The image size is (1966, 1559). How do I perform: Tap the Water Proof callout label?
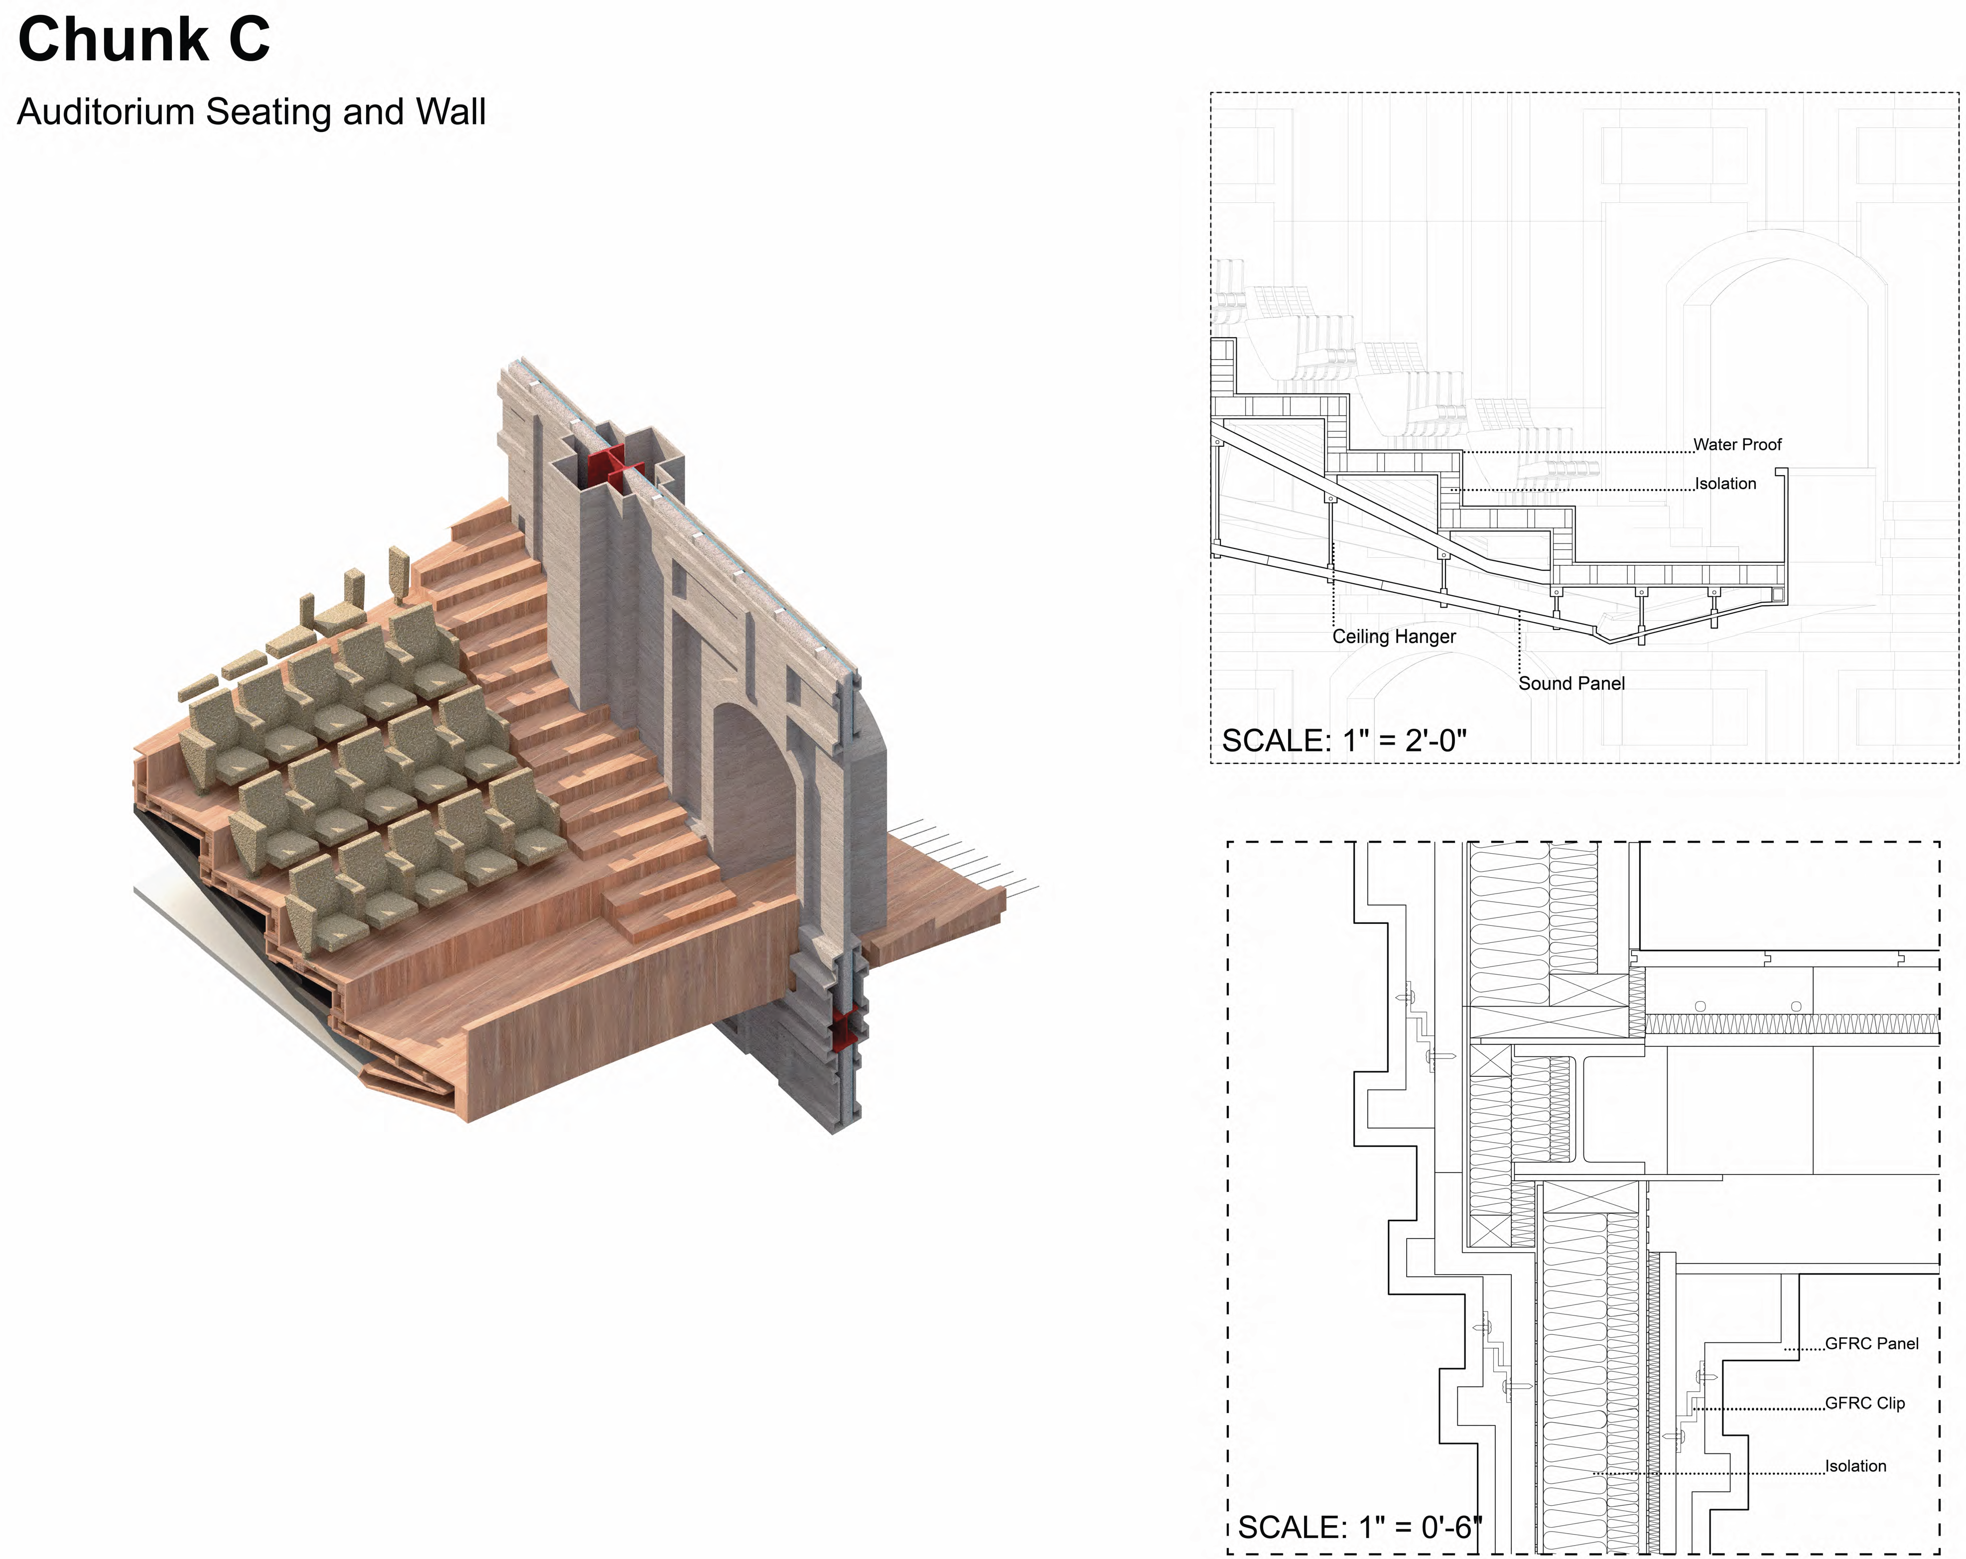(1736, 445)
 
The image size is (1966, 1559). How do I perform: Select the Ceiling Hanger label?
(1393, 637)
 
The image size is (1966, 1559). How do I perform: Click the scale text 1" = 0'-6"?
(1359, 1527)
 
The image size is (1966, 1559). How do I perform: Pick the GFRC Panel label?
(1871, 1344)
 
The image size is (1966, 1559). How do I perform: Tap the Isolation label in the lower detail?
(1855, 1466)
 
